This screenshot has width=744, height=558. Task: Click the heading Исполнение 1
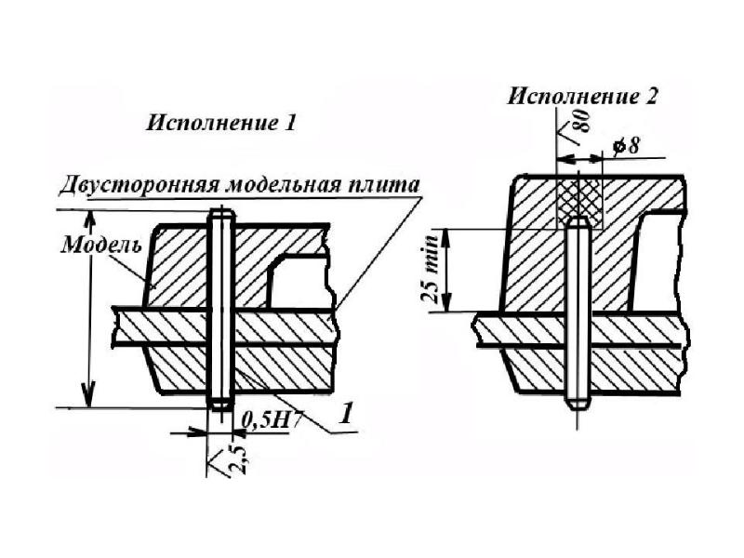221,124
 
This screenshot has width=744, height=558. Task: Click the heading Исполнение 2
583,97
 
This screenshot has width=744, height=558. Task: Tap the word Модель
101,245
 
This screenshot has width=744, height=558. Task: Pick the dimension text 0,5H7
266,420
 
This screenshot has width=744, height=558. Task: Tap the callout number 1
346,413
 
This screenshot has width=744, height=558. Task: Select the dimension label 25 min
430,269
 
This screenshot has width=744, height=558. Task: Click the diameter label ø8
626,145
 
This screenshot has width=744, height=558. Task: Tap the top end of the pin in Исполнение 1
220,210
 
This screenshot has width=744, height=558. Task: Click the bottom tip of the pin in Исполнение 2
578,408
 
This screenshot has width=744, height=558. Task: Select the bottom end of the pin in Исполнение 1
220,408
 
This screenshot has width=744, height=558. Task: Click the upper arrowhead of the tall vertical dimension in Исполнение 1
89,219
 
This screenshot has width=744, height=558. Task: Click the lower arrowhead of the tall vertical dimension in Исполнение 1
88,398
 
